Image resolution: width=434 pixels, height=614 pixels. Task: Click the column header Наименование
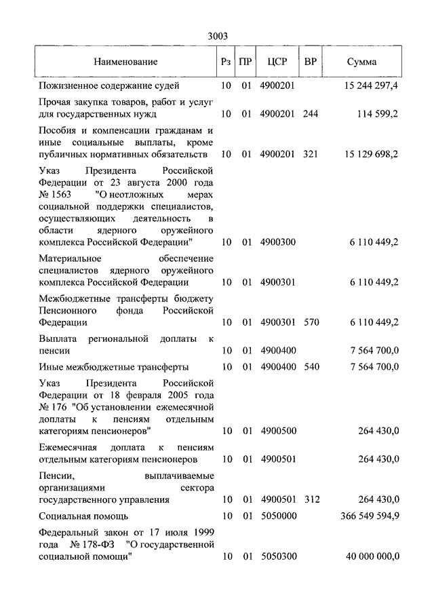click(125, 62)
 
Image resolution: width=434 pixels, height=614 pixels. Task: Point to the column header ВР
click(311, 62)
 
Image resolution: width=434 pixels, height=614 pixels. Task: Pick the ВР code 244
click(311, 114)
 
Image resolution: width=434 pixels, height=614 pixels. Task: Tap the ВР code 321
click(311, 154)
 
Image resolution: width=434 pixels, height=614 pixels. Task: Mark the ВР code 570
click(311, 322)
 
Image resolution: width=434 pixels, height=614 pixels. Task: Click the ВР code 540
click(311, 367)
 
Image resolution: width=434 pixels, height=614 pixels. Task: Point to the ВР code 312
click(311, 499)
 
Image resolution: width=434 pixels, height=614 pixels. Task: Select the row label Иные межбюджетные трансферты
click(113, 367)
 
